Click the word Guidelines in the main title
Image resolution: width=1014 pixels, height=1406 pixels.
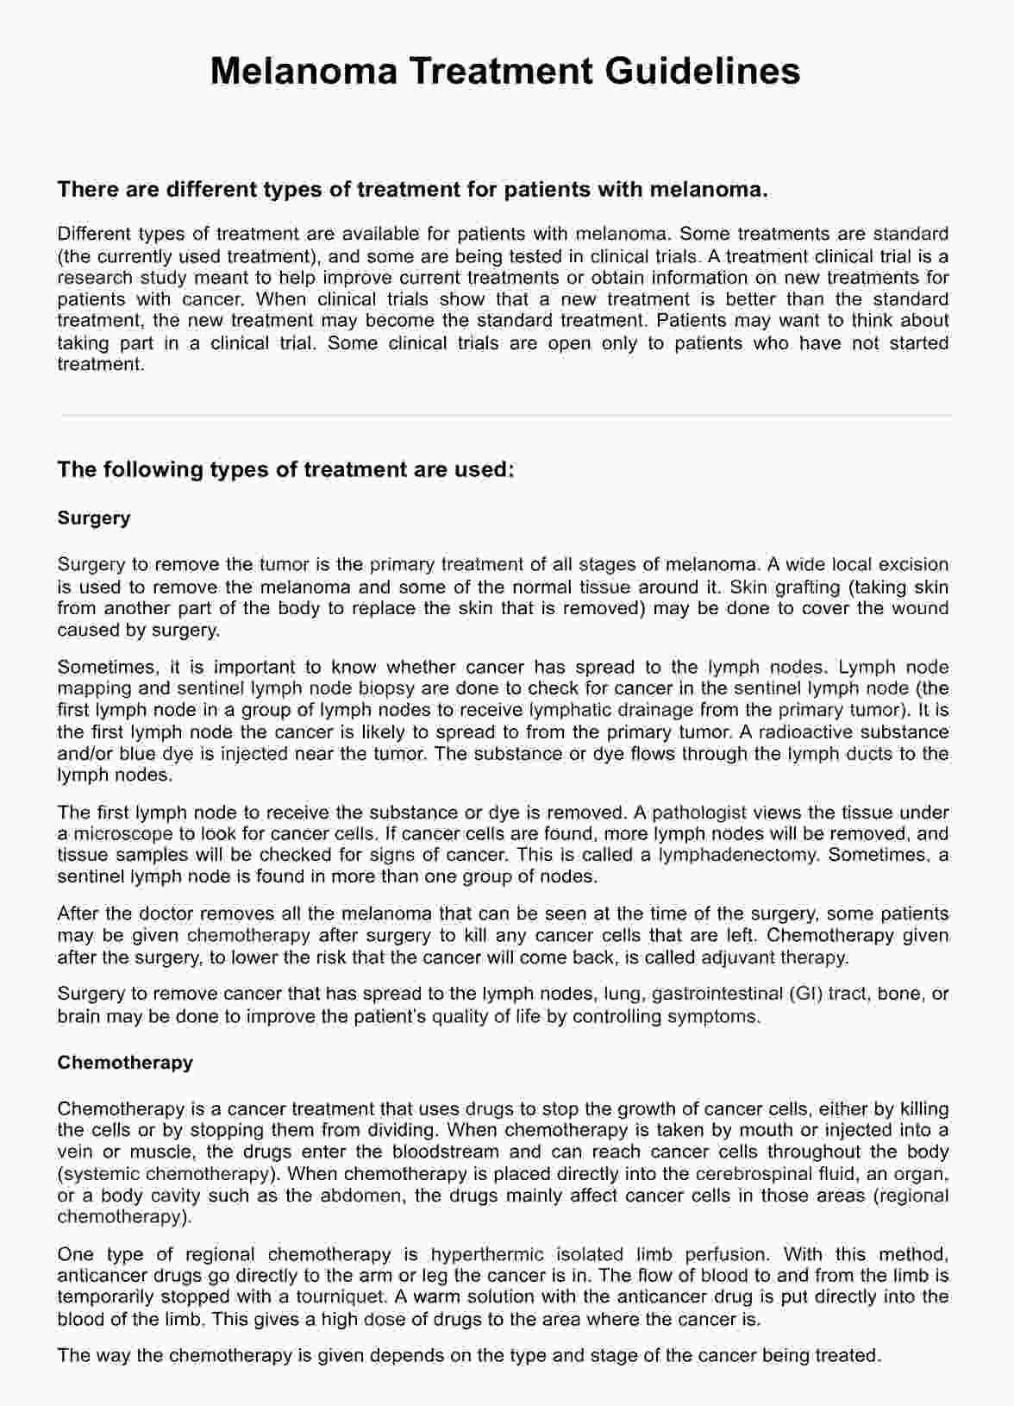pos(702,71)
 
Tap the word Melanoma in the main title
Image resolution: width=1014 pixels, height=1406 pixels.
pos(304,71)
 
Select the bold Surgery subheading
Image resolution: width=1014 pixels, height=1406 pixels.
pos(94,518)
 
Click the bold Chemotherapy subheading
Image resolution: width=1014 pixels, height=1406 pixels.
pos(125,1063)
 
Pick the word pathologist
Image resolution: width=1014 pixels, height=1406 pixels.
pos(706,813)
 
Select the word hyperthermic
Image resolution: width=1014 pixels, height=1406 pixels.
pos(487,1254)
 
